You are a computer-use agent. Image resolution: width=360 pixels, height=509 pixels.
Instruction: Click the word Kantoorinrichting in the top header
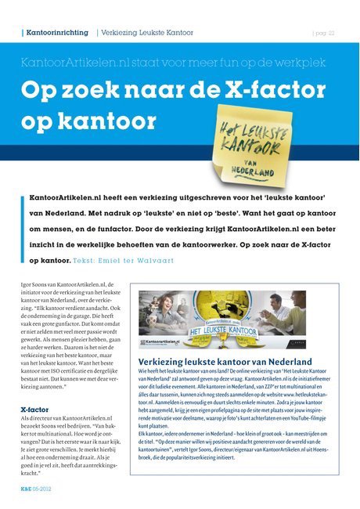[x=57, y=33]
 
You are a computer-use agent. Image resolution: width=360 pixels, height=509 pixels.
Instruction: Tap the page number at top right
[x=323, y=33]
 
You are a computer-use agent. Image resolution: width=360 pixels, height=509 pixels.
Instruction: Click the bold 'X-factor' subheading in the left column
[x=36, y=409]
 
